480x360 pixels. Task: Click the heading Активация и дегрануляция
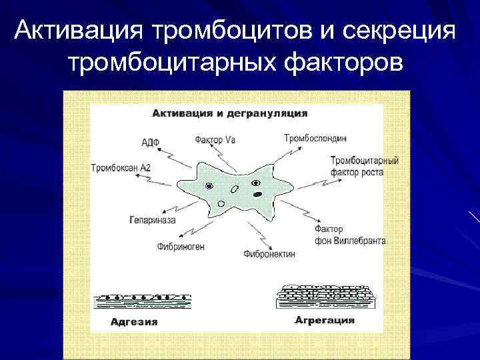(230, 113)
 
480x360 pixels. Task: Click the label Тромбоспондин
(315, 138)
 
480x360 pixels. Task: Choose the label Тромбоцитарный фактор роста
(364, 166)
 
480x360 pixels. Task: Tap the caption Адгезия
(134, 322)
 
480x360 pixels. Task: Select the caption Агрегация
(325, 321)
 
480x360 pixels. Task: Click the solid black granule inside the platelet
(257, 195)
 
